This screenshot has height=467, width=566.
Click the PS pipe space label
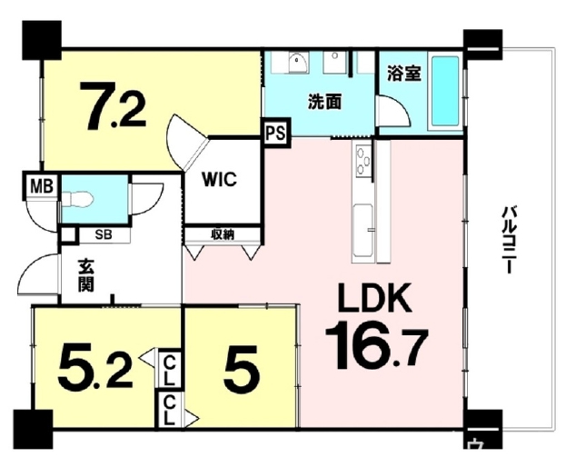(x=276, y=133)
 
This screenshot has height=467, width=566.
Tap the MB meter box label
(x=42, y=186)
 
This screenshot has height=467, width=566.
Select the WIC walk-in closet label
(x=219, y=179)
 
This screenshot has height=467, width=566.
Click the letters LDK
(x=374, y=298)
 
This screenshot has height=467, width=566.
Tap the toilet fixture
(x=77, y=198)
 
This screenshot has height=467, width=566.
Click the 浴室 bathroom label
(x=404, y=74)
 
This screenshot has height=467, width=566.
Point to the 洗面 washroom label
(x=325, y=102)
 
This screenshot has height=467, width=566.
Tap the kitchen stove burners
(x=363, y=160)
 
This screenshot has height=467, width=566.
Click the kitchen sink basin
(x=362, y=230)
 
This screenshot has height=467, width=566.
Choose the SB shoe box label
(x=104, y=235)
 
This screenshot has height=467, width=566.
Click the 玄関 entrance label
(x=86, y=275)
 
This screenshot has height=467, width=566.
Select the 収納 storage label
(x=223, y=234)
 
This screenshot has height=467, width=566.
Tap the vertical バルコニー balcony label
(x=509, y=240)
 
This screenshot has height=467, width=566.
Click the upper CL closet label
(x=169, y=370)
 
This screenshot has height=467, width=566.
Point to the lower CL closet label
(x=169, y=411)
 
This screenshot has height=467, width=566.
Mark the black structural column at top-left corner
(x=42, y=40)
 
